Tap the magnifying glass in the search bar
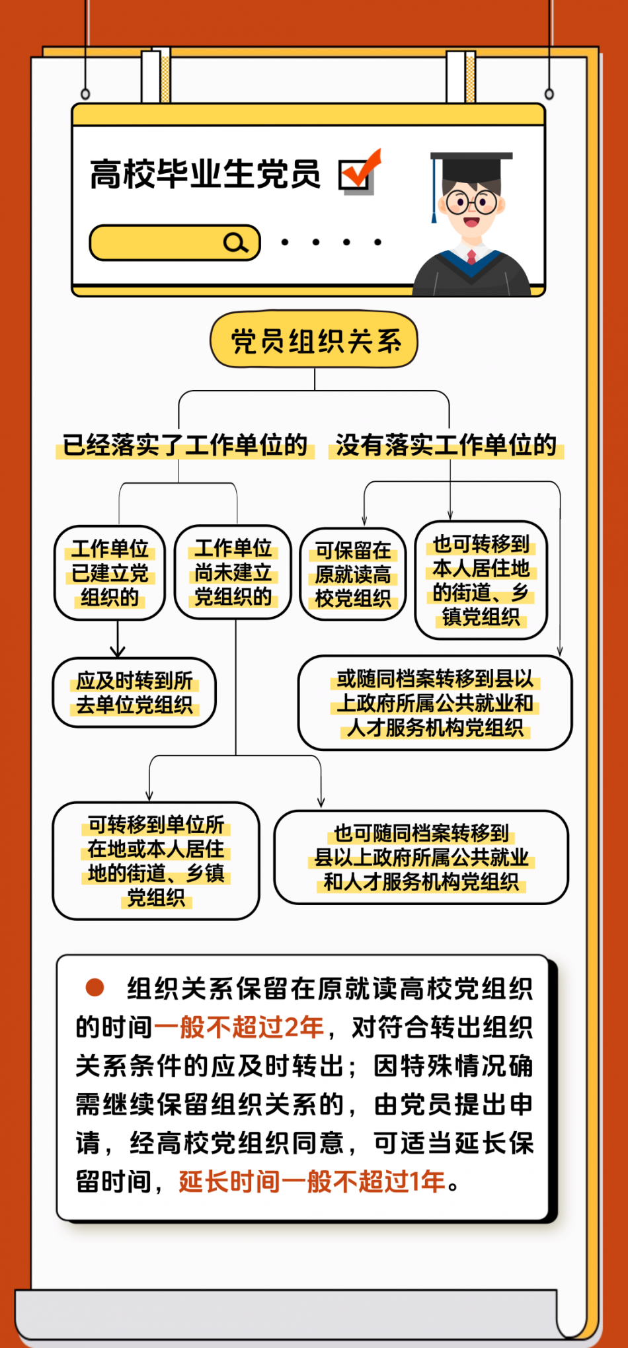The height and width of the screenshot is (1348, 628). point(235,243)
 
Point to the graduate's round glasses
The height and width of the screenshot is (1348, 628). point(471,202)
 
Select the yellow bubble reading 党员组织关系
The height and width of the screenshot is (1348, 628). point(314,340)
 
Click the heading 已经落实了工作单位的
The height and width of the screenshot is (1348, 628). point(186,445)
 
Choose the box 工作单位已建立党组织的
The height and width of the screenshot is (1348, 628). point(110,573)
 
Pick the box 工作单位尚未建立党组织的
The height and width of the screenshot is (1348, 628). point(233,573)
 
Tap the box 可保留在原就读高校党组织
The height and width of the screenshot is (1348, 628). point(353,574)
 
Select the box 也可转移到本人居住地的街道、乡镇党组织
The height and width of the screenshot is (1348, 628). point(481,580)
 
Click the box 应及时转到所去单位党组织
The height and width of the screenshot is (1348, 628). point(134,692)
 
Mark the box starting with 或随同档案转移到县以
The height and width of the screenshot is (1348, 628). point(435,702)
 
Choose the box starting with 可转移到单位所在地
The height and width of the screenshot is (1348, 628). point(156,861)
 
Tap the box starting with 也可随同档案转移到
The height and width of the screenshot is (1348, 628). point(421,857)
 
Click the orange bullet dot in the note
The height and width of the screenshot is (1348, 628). point(95,988)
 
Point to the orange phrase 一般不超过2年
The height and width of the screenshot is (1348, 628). point(239,1027)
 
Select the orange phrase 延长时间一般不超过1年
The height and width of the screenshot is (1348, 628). point(312,1181)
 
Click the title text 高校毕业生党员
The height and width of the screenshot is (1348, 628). point(205,174)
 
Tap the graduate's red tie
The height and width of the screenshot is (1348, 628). point(471,257)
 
